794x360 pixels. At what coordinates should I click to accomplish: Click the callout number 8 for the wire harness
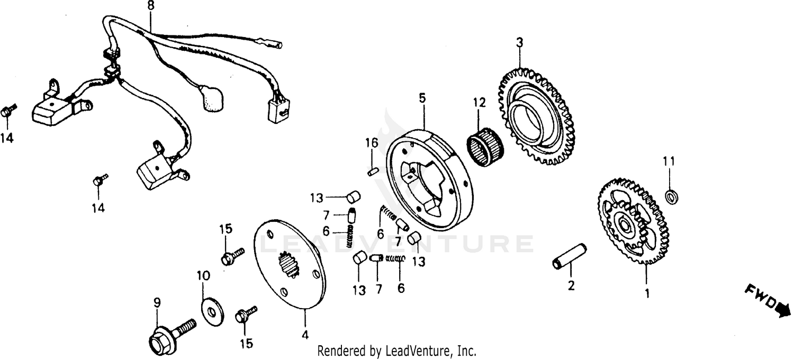tap(151, 6)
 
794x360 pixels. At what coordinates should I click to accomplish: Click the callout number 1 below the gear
tap(645, 292)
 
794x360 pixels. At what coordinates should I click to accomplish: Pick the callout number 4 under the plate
tap(305, 335)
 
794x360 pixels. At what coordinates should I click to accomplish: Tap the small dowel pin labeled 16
tap(372, 170)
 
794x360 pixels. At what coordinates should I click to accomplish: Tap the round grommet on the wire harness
tap(214, 100)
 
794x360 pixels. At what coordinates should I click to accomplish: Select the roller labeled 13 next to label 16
tap(353, 197)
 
